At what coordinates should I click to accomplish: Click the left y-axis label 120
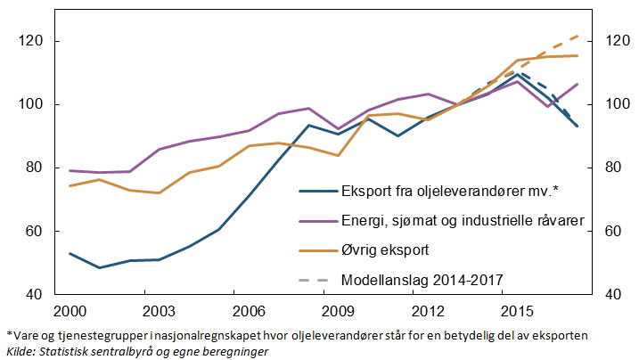coord(31,41)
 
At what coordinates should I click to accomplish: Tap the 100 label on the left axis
coord(31,104)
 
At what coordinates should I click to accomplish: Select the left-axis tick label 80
coord(35,168)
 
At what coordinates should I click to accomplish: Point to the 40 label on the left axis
coord(35,294)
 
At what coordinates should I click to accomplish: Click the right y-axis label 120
coord(618,41)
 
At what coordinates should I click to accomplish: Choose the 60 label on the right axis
coord(614,231)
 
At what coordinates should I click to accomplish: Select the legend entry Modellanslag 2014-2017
coord(422,280)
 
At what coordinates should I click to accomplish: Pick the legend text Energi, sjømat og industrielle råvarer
coord(462,221)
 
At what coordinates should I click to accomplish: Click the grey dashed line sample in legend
coord(316,280)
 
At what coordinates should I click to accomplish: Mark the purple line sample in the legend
coord(316,221)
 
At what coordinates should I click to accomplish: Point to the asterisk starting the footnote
coord(9,333)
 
